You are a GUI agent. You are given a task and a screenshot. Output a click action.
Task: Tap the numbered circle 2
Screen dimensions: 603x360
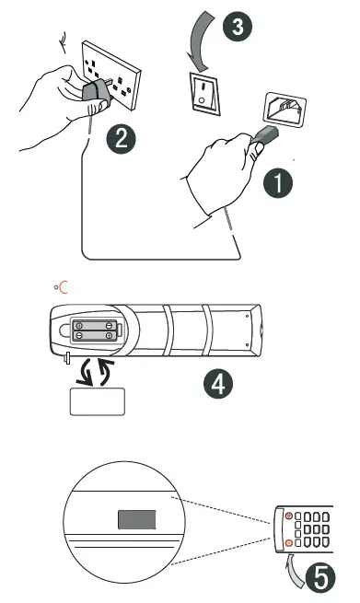[119, 139]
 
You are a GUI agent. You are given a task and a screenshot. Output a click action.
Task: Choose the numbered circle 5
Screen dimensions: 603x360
[318, 578]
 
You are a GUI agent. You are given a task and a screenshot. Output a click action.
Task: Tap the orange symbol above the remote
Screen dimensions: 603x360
[62, 288]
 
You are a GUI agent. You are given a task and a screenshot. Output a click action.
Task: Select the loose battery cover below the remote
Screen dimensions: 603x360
[97, 401]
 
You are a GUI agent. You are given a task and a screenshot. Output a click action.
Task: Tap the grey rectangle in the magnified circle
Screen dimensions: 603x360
[138, 519]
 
